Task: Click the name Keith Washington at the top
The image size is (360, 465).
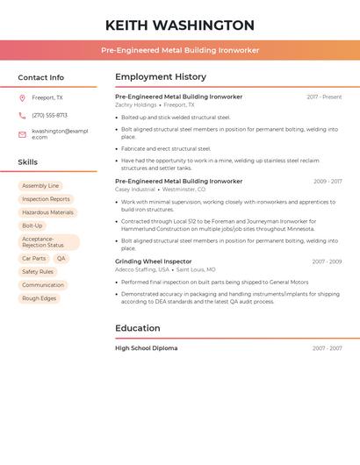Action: (x=179, y=25)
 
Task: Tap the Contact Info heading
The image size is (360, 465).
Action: (x=40, y=77)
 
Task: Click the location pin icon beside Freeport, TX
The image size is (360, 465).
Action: (x=22, y=97)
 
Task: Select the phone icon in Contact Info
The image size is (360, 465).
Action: (x=22, y=115)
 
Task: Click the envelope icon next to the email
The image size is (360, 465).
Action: (x=22, y=134)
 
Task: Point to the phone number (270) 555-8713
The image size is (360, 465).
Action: (x=49, y=115)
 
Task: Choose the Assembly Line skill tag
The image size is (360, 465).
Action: (x=40, y=186)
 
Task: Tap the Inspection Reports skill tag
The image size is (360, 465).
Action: (x=46, y=199)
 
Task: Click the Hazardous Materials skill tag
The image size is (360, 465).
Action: (x=47, y=212)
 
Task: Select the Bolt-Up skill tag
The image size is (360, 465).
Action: (x=32, y=225)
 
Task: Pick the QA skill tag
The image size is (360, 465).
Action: (x=61, y=259)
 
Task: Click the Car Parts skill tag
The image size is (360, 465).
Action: (x=33, y=259)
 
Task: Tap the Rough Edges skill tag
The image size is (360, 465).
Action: (x=39, y=298)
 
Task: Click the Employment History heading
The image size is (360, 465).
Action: (x=161, y=77)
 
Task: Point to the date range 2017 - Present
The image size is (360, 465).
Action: (x=324, y=97)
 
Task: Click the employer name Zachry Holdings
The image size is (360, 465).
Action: (x=135, y=104)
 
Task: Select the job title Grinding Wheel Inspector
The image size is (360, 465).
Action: (x=153, y=261)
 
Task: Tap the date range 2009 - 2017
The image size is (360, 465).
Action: (x=328, y=182)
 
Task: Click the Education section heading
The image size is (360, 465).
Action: (x=138, y=328)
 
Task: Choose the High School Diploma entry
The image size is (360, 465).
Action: (x=146, y=348)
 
